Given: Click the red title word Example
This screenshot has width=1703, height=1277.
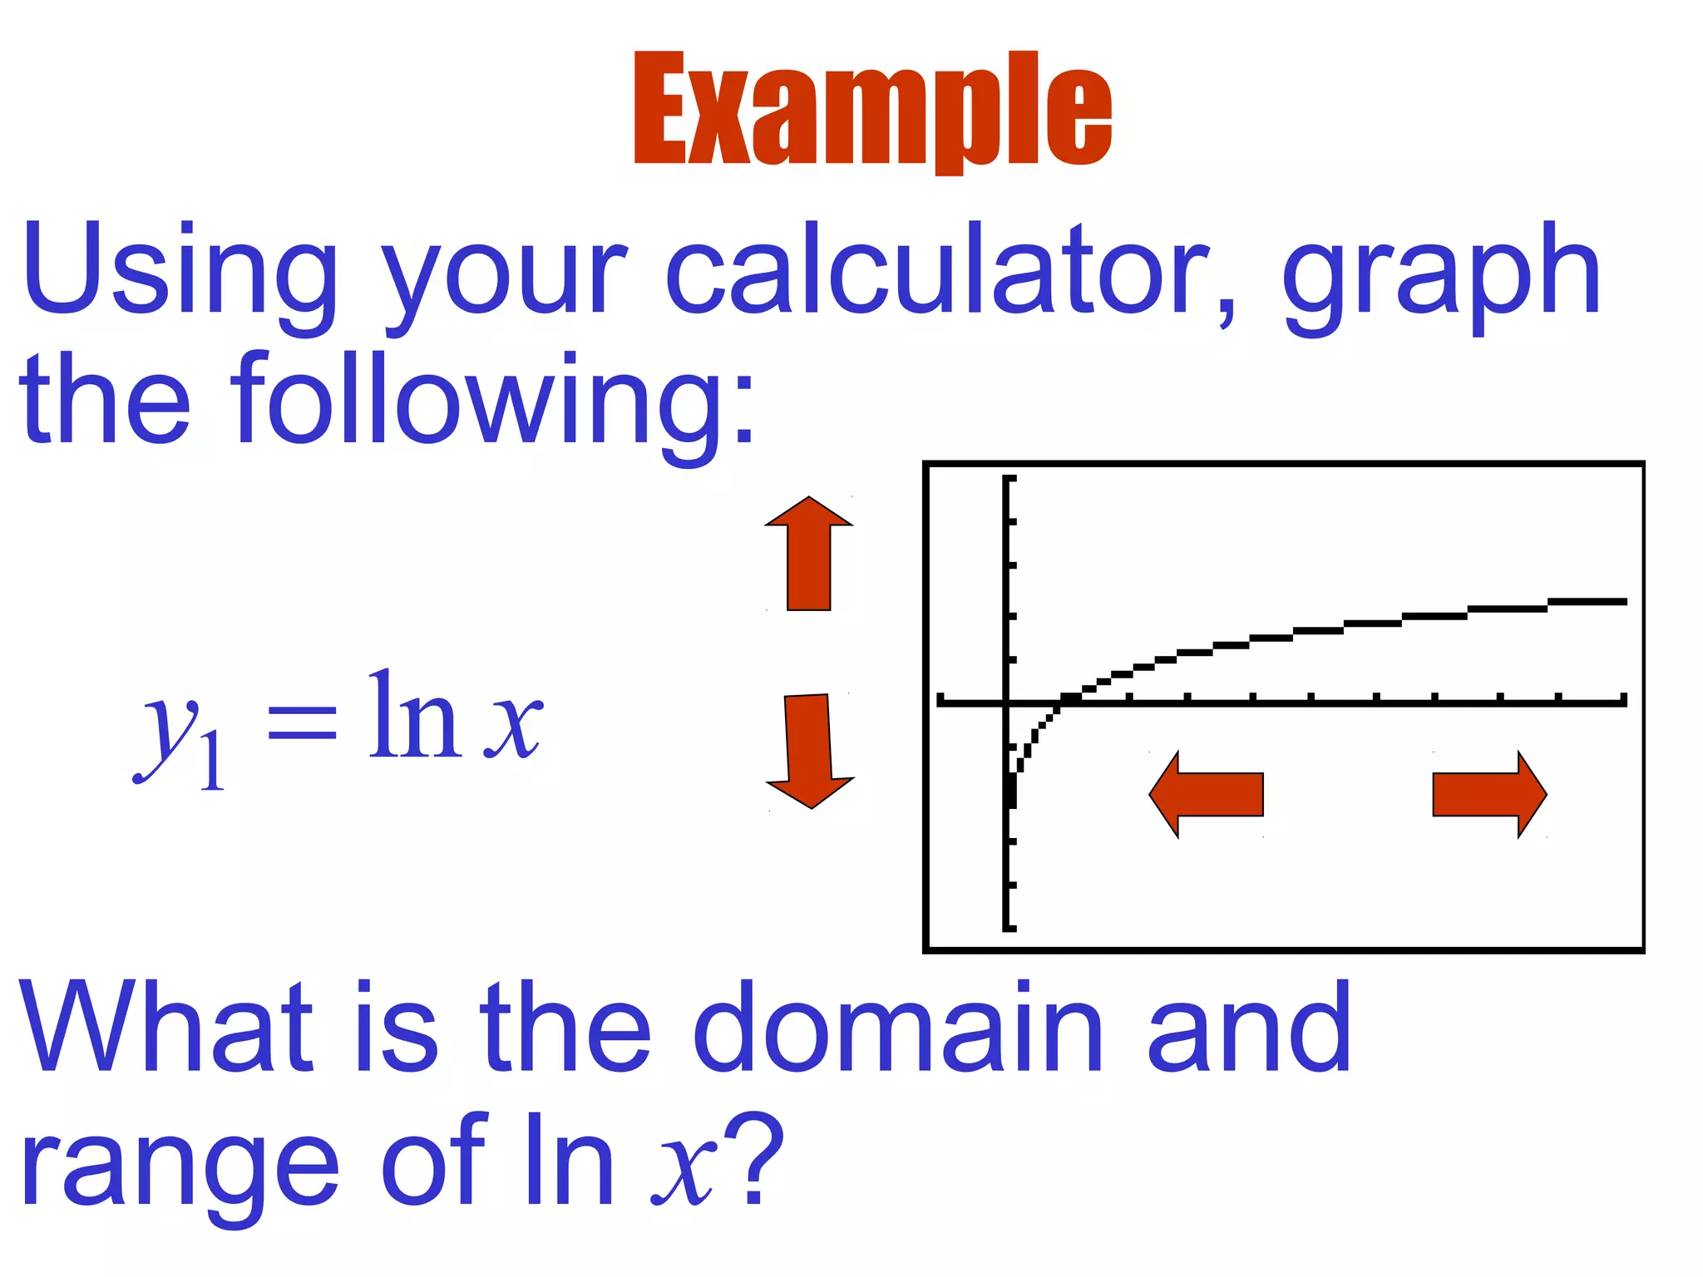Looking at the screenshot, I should (872, 110).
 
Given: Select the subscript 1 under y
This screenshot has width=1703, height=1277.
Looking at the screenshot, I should (212, 761).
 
